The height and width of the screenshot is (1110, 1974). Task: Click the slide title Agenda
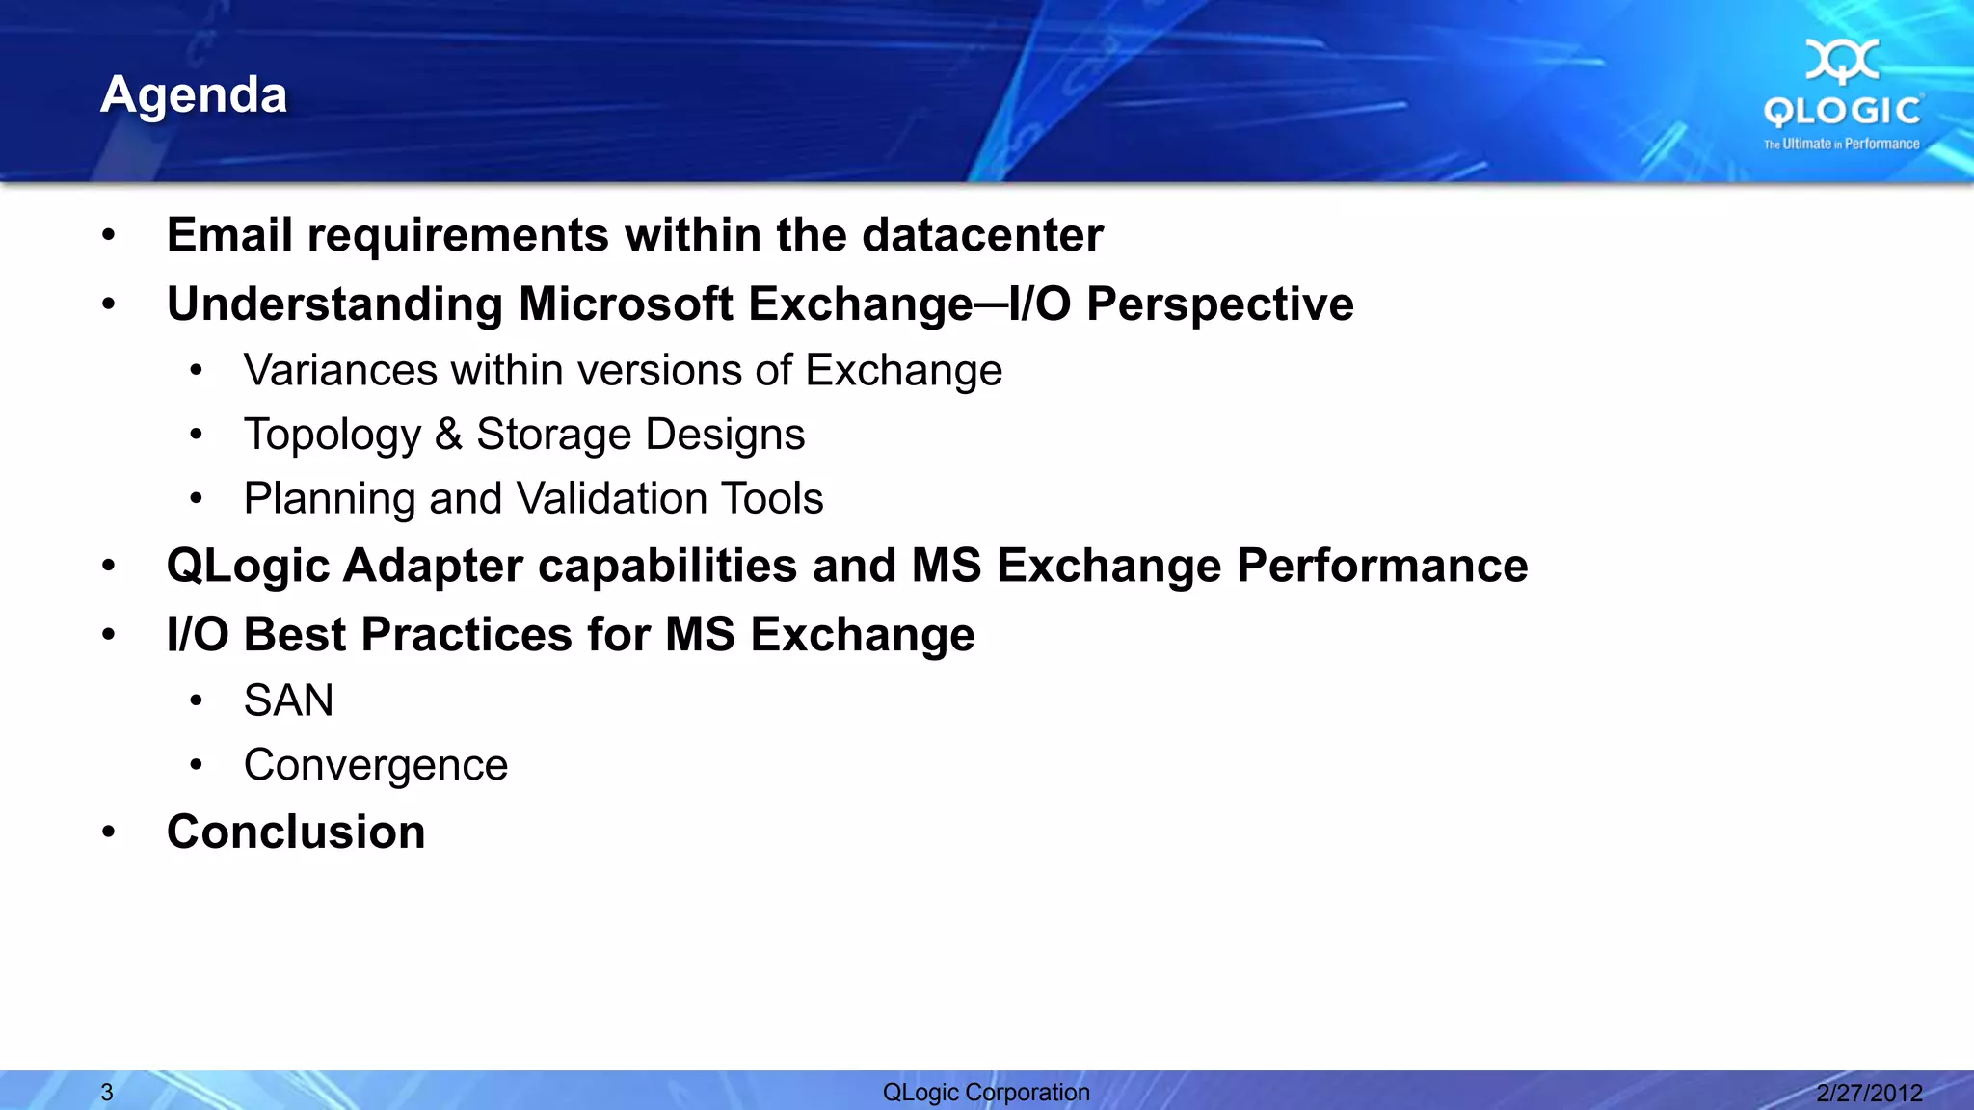tap(194, 95)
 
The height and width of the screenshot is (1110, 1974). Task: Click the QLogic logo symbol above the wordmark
tap(1842, 61)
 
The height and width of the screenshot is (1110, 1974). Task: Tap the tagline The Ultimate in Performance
tap(1841, 144)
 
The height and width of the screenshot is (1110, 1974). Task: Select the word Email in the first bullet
tap(229, 235)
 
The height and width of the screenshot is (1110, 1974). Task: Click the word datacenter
tap(982, 235)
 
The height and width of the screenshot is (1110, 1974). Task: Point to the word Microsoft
tap(626, 304)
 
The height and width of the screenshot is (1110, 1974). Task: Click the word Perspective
tap(1220, 304)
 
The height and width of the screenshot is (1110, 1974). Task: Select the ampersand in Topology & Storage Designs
tap(448, 435)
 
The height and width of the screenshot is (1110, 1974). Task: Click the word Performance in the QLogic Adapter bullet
tap(1382, 566)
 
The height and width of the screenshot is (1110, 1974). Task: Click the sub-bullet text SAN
tap(288, 700)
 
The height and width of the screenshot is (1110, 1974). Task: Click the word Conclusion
tap(296, 832)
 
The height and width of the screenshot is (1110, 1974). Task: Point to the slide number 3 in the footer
tap(107, 1093)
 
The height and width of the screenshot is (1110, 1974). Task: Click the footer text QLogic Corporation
tap(986, 1093)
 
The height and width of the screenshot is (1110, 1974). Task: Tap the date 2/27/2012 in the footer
tap(1869, 1093)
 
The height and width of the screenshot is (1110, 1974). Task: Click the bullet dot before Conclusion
tap(109, 832)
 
